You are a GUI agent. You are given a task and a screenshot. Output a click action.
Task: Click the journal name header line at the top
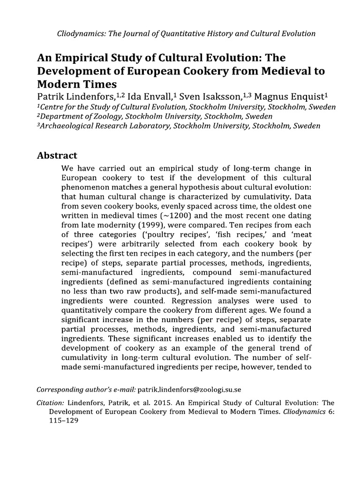click(186, 34)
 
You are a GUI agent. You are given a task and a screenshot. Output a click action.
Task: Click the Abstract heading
click(57, 156)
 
